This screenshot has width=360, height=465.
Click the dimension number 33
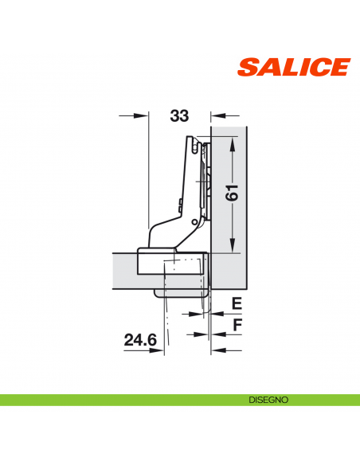179,116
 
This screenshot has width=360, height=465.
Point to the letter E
236,303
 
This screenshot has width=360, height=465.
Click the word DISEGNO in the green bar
261,399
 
